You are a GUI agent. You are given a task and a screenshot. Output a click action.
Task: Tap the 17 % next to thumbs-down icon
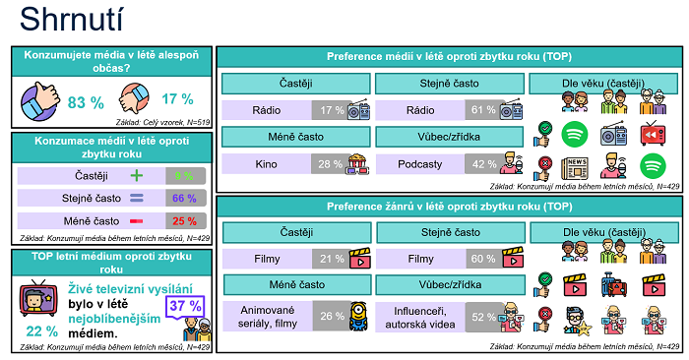point(177,99)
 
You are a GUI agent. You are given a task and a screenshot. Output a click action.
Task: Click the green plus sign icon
point(137,176)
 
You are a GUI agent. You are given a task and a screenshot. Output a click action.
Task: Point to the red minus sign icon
point(137,221)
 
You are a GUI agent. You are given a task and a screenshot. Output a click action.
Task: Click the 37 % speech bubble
point(185,306)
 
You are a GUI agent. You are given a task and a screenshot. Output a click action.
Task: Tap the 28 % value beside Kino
point(328,162)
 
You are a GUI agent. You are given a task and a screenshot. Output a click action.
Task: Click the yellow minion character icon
point(360,316)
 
